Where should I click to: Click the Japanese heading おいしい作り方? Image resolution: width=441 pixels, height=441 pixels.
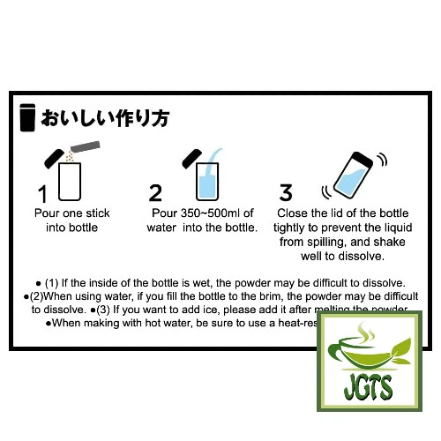coord(105,118)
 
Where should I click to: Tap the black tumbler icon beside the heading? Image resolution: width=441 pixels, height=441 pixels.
coord(27,118)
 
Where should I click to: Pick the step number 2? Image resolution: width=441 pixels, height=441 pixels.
coord(156,193)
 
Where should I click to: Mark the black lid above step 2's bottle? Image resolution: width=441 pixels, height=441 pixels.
coord(191,159)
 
